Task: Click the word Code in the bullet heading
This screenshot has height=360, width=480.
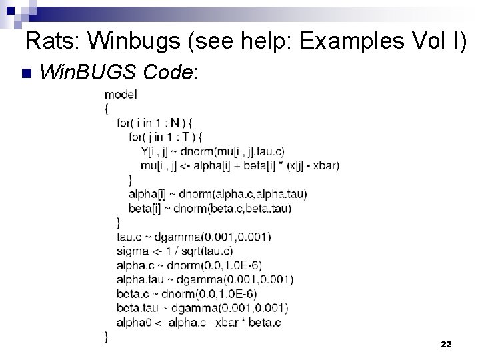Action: (x=169, y=71)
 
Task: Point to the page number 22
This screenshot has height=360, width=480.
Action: (x=446, y=345)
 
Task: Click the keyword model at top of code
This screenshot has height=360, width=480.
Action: (x=121, y=94)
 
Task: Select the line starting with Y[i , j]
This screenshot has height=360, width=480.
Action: (x=212, y=151)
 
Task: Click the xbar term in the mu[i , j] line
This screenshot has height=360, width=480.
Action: (x=325, y=165)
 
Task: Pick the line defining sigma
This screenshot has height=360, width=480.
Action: (x=175, y=251)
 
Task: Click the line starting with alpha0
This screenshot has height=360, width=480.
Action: (x=198, y=322)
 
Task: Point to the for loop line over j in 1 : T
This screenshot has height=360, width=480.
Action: (x=165, y=137)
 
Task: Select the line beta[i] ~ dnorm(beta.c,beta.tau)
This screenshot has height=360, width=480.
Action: (x=209, y=208)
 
